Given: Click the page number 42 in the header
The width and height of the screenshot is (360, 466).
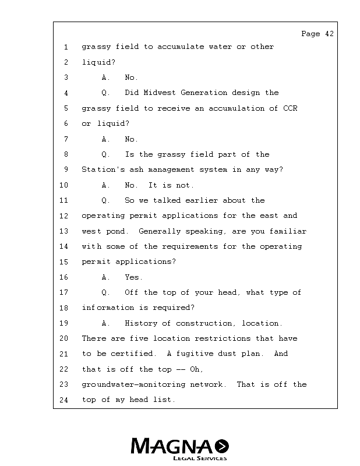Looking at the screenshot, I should (329, 34).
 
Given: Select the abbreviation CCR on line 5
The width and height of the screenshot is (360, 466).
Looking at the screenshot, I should (290, 108).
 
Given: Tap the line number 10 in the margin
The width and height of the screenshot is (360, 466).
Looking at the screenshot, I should (63, 185).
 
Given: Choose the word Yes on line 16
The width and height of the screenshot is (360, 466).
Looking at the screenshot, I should (133, 277).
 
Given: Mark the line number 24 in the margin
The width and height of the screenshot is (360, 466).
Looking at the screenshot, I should (63, 400).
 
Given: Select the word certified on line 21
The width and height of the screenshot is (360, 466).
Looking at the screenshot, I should (135, 354).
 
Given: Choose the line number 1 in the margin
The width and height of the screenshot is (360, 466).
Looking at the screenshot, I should (66, 47).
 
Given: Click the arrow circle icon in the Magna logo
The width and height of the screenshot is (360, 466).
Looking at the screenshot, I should (221, 446).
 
